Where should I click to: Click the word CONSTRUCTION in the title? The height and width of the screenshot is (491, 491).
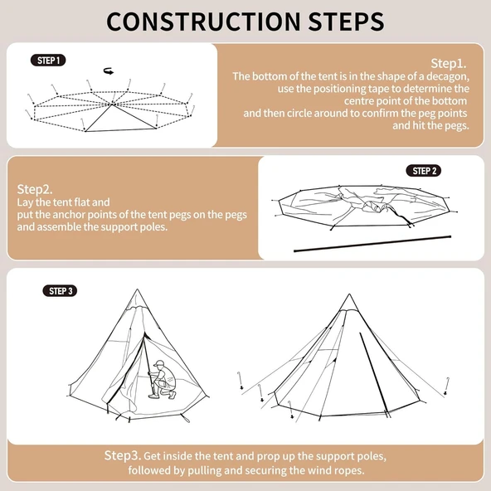click(x=197, y=20)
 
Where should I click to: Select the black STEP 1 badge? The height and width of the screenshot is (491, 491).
click(x=47, y=61)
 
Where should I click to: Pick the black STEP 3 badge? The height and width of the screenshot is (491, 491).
click(x=60, y=291)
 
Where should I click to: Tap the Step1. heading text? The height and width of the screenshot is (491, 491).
click(x=449, y=63)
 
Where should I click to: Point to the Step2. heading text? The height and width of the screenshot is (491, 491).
click(x=35, y=188)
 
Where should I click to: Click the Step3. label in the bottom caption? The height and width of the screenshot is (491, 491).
click(x=122, y=456)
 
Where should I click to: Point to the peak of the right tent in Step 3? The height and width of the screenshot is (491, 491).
click(x=349, y=296)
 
